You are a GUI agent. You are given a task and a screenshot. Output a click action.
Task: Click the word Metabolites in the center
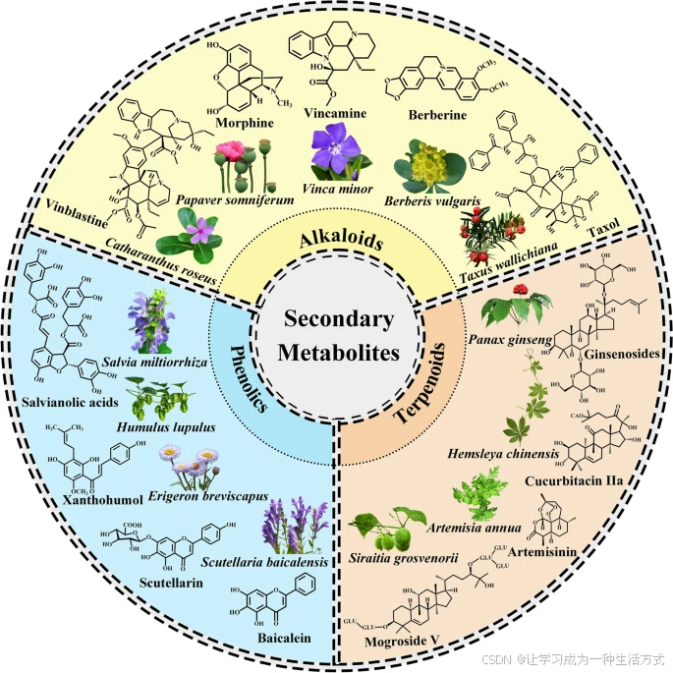point(336,354)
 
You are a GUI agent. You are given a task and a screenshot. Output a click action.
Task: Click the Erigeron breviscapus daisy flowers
point(189,462)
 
